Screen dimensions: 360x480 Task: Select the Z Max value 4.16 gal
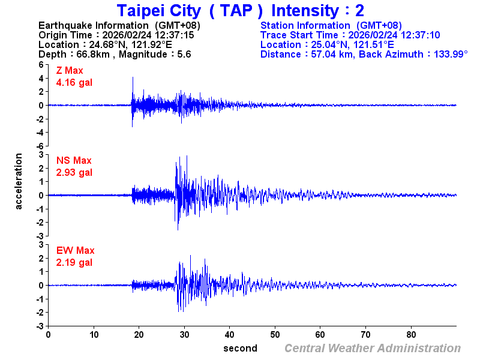[74, 83]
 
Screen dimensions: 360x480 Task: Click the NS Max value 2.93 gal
[74, 173]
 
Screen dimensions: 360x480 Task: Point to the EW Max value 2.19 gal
[74, 263]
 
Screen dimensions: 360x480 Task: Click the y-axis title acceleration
[19, 181]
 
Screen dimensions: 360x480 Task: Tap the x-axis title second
[240, 349]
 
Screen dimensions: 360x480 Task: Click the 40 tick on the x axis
[230, 334]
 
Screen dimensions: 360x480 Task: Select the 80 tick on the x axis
[412, 334]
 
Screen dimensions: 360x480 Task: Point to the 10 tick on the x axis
[94, 334]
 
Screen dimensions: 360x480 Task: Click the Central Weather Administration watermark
[373, 349]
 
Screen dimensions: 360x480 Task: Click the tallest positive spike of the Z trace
[133, 78]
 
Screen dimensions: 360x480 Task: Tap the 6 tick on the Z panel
[40, 64]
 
